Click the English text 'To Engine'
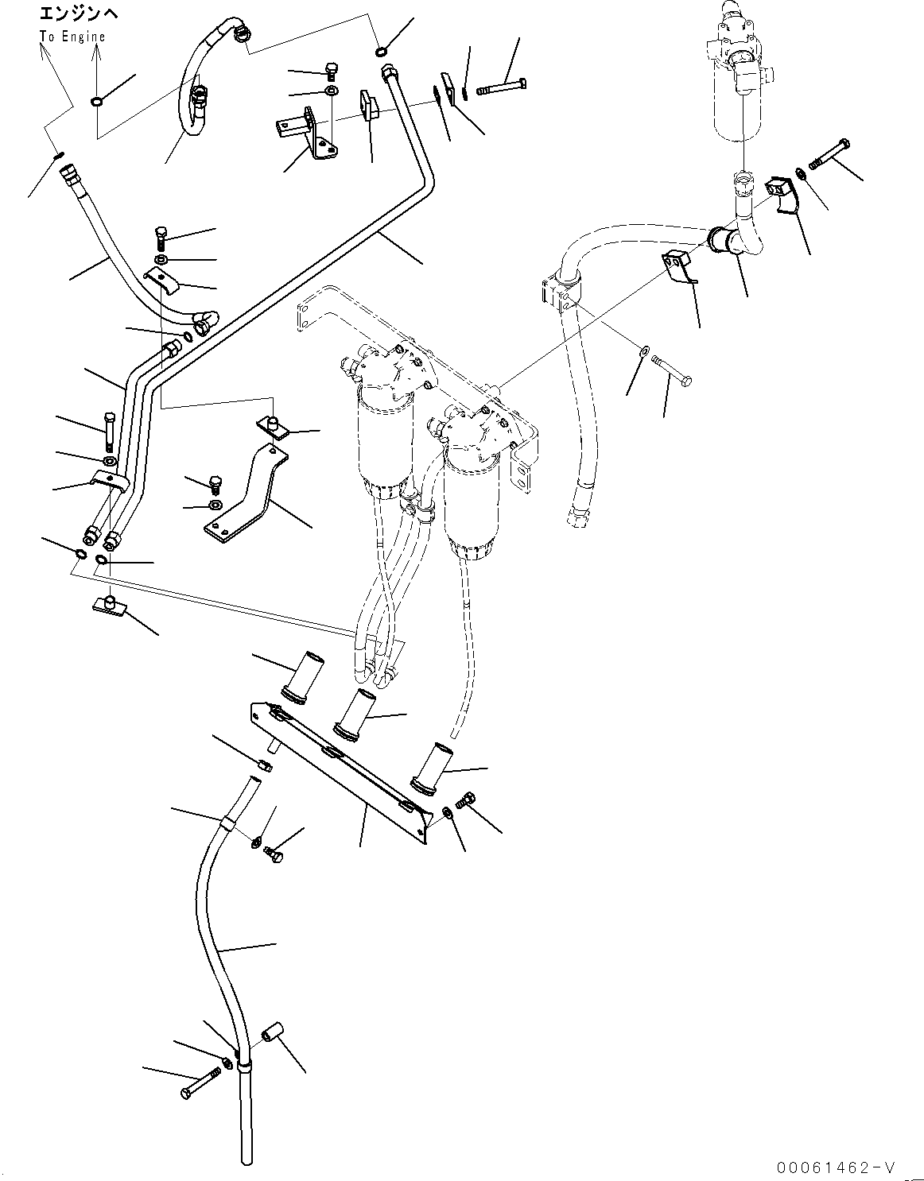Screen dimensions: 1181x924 coord(72,37)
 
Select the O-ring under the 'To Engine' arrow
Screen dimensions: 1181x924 coord(96,101)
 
